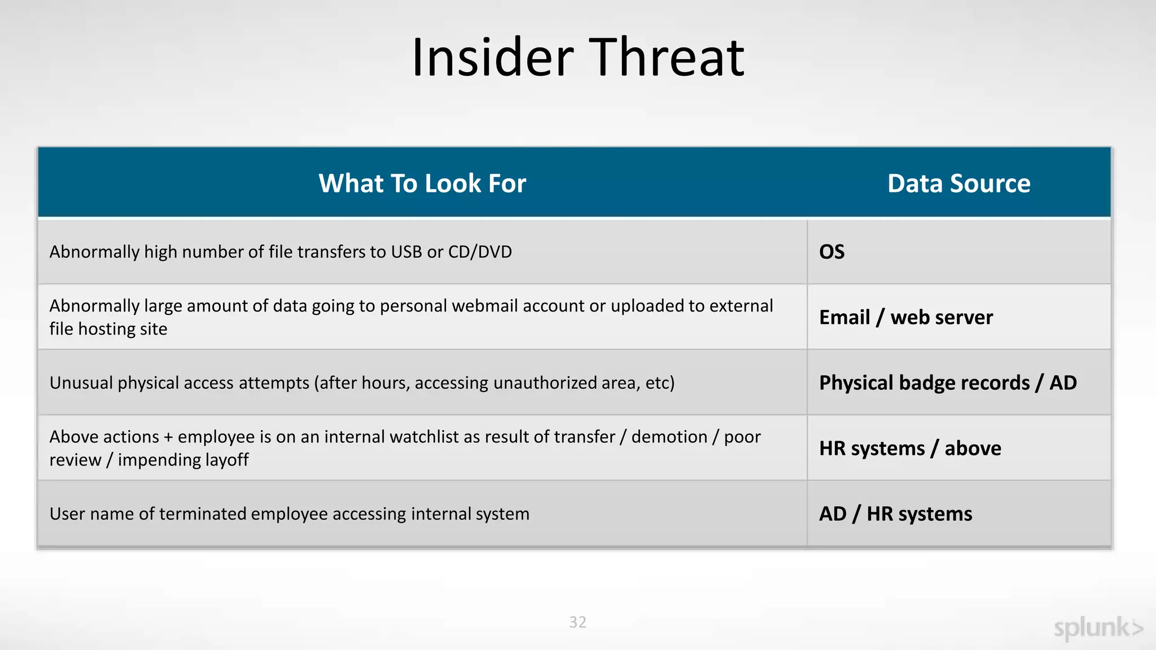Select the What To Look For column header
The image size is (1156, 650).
(422, 183)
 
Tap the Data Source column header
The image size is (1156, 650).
(958, 183)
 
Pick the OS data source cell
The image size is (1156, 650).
(832, 252)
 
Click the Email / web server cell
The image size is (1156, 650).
(905, 317)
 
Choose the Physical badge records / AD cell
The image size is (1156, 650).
(948, 383)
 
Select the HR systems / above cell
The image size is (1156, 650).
(910, 448)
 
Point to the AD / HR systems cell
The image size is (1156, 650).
(895, 513)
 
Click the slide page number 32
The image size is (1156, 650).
(577, 622)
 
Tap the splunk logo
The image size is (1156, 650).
(1098, 628)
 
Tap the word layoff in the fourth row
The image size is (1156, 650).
(227, 460)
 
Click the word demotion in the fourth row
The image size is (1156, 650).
(669, 437)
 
